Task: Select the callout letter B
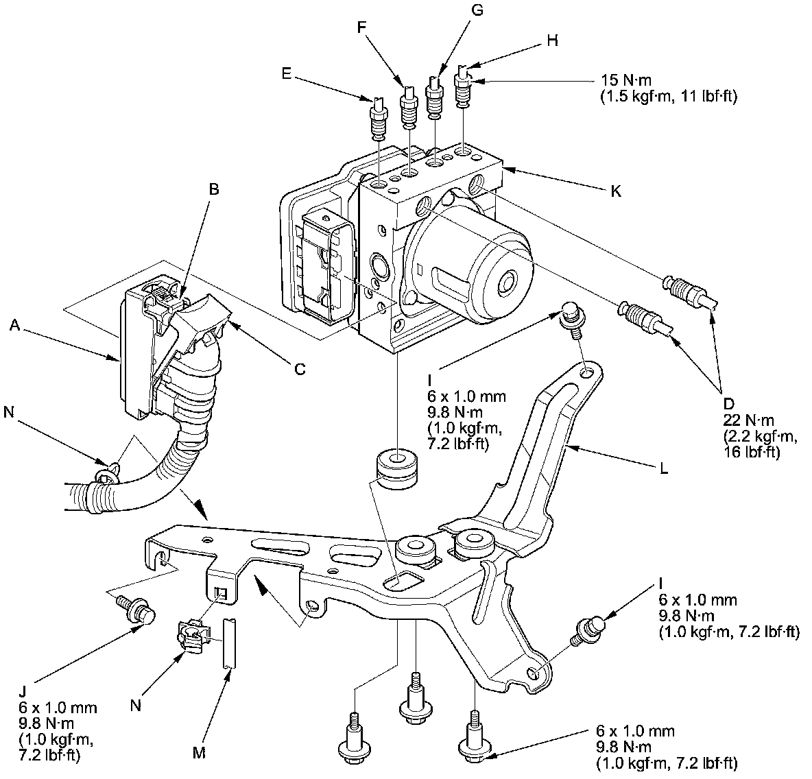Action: click(214, 189)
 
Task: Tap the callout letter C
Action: click(300, 369)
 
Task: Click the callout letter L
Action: click(663, 471)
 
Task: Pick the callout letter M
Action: click(199, 753)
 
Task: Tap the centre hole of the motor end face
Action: click(508, 282)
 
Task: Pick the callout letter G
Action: click(478, 10)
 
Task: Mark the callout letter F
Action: click(363, 27)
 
